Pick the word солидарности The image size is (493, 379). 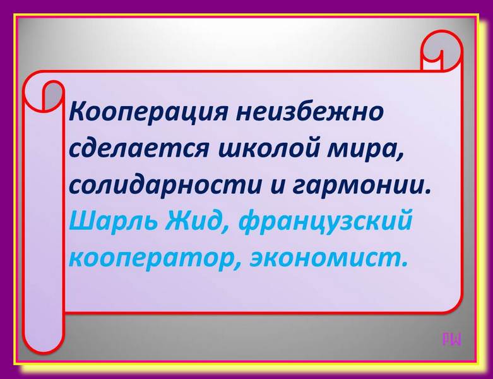165,184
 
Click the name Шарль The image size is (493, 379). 112,220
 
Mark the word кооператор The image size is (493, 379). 150,259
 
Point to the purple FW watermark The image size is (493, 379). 452,339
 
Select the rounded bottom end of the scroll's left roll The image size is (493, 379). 44,341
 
